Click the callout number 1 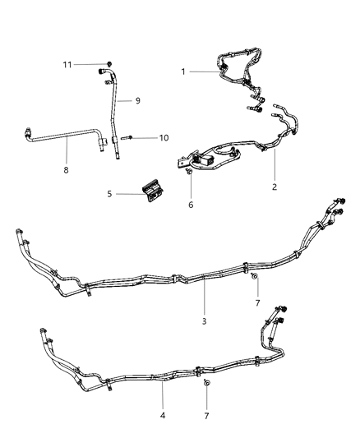point(183,71)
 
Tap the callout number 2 point(275,187)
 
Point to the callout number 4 point(163,416)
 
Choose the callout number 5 point(109,194)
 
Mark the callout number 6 point(191,204)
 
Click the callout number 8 point(66,171)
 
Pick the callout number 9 point(138,100)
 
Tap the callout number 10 point(164,138)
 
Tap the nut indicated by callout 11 point(109,62)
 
